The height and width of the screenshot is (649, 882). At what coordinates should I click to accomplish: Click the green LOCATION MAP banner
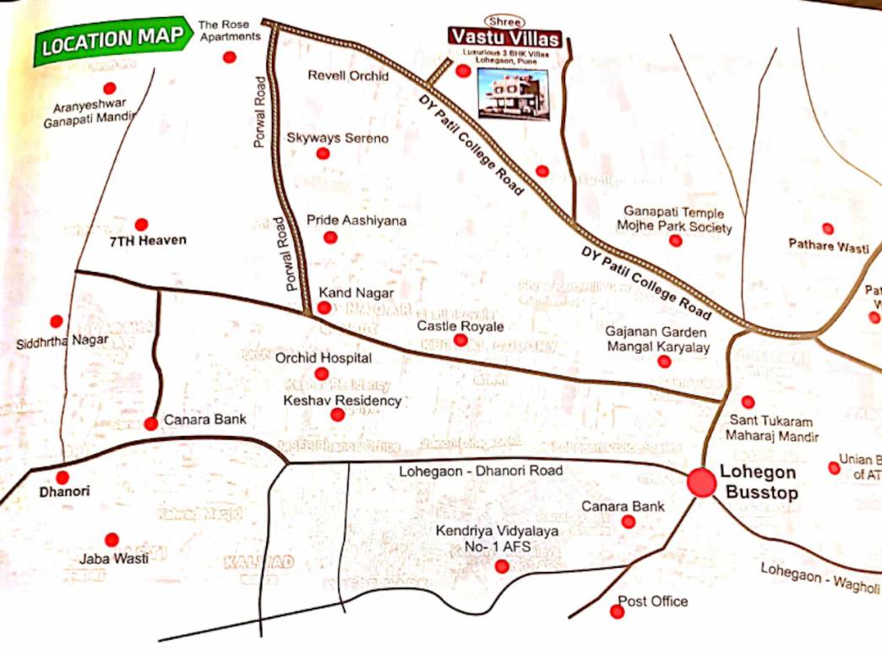pyautogui.click(x=112, y=39)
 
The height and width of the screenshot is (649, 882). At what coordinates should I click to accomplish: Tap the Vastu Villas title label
pyautogui.click(x=504, y=38)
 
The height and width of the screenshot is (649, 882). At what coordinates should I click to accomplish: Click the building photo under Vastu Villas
pyautogui.click(x=512, y=93)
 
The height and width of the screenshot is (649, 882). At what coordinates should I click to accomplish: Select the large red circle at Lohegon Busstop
pyautogui.click(x=700, y=482)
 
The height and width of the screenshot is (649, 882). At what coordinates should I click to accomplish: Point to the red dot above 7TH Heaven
pyautogui.click(x=141, y=225)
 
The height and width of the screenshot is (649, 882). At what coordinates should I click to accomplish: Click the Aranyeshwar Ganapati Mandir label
pyautogui.click(x=90, y=114)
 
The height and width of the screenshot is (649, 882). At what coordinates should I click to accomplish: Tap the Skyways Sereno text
pyautogui.click(x=337, y=137)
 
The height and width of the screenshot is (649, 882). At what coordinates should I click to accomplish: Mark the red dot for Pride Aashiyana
pyautogui.click(x=330, y=237)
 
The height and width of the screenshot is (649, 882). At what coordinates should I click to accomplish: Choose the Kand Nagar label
pyautogui.click(x=356, y=292)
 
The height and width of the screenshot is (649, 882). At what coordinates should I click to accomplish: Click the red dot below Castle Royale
pyautogui.click(x=460, y=341)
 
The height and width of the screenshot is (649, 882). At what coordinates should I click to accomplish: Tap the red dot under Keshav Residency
pyautogui.click(x=337, y=414)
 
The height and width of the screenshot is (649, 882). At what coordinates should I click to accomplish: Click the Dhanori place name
pyautogui.click(x=64, y=491)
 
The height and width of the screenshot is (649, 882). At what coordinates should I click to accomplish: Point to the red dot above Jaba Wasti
pyautogui.click(x=111, y=539)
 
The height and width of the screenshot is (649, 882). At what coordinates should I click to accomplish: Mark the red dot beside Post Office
pyautogui.click(x=616, y=611)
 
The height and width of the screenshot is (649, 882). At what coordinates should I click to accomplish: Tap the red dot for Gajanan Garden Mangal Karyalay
pyautogui.click(x=664, y=362)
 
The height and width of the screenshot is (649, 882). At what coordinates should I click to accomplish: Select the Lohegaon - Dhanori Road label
pyautogui.click(x=480, y=470)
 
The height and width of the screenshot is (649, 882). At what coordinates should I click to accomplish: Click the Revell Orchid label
pyautogui.click(x=347, y=76)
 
